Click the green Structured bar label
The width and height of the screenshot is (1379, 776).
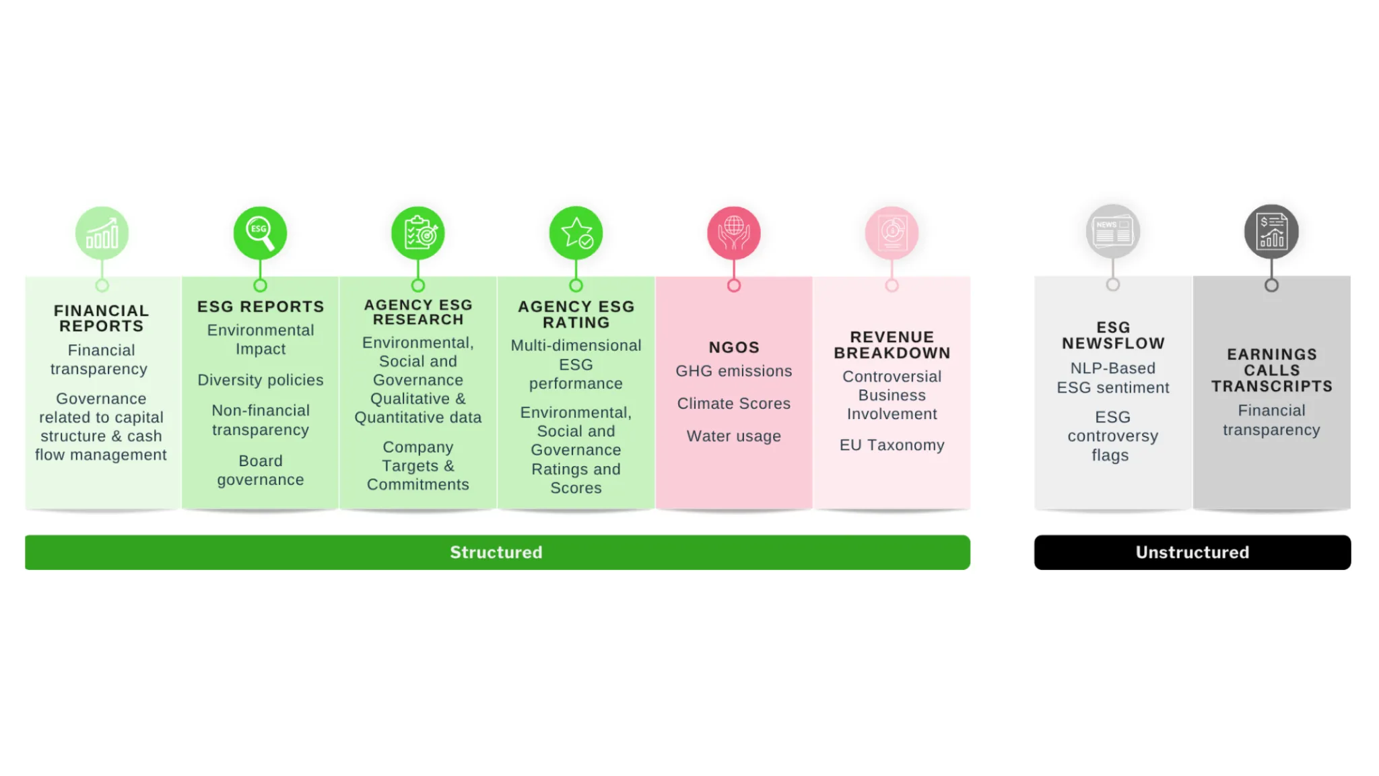pos(496,552)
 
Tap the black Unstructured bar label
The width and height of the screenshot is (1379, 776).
pos(1192,552)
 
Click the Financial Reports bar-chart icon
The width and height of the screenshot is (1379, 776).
pos(102,233)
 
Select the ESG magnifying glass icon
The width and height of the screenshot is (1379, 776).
pos(260,233)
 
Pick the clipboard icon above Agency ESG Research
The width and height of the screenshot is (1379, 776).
pos(418,233)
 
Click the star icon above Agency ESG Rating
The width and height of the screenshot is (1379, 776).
pos(576,233)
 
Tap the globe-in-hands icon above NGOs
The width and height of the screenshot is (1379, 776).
pos(734,233)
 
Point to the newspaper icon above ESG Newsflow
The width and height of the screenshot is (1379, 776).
pos(1113,232)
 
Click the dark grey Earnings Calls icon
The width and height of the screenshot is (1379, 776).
pos(1271,232)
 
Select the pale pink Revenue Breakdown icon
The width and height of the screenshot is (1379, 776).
pos(892,233)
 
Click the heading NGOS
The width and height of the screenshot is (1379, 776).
pos(734,348)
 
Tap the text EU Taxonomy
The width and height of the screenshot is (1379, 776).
pos(892,445)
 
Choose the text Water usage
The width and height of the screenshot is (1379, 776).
pos(734,437)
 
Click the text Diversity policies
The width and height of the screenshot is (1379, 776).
pos(261,380)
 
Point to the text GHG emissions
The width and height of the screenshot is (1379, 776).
pos(734,371)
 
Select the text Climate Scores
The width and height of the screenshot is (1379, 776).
pos(734,403)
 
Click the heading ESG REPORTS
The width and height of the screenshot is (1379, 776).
pos(261,306)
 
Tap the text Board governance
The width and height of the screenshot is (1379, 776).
pos(261,470)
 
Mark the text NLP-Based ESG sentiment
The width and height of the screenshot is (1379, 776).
pos(1113,378)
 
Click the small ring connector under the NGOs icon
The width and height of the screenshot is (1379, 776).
pos(734,286)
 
